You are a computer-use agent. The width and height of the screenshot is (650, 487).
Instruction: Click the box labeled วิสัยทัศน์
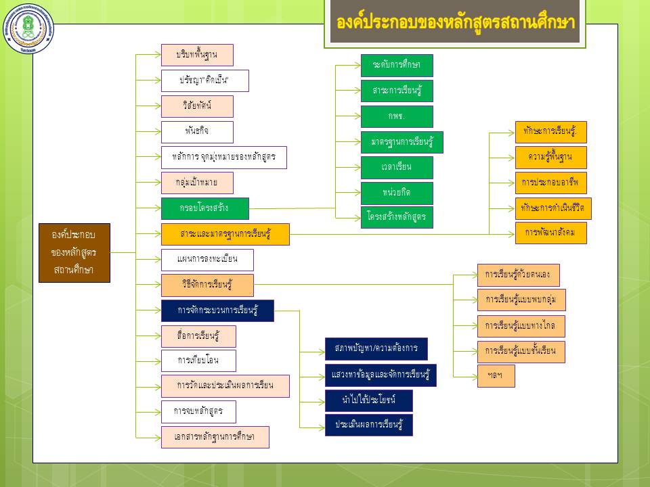(x=197, y=106)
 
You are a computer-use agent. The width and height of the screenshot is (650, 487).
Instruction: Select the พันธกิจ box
(x=197, y=132)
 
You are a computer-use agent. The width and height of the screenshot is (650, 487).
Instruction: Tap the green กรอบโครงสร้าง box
(x=204, y=208)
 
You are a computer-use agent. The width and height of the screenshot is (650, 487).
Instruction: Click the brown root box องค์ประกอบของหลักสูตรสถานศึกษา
(x=72, y=252)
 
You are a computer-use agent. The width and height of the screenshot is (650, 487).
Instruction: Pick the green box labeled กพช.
(x=396, y=116)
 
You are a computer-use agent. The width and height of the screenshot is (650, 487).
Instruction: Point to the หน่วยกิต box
(x=396, y=193)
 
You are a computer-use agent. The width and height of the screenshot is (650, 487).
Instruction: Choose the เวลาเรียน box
(x=396, y=167)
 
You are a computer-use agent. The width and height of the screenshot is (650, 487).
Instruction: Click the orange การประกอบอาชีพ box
(x=550, y=183)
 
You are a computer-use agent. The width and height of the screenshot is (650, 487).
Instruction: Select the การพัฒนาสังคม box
(x=550, y=233)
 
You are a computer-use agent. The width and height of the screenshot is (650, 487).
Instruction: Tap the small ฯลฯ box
(x=496, y=376)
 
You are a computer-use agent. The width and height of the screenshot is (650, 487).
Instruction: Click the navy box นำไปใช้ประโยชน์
(x=368, y=400)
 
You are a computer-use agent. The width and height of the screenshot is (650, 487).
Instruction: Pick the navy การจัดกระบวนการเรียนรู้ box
(x=217, y=310)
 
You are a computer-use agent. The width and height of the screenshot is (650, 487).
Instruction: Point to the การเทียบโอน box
(x=198, y=361)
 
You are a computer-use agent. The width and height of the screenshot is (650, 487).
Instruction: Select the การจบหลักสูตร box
(x=198, y=411)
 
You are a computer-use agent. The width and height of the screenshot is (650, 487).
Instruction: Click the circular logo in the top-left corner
(x=29, y=29)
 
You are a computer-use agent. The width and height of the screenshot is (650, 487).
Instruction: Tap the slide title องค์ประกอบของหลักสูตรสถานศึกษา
(x=456, y=22)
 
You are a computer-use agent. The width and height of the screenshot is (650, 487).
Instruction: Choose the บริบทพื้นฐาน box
(x=197, y=55)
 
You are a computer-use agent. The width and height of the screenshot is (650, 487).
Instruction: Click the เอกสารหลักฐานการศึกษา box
(x=215, y=437)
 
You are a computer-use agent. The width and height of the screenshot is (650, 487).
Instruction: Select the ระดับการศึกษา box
(x=396, y=65)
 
